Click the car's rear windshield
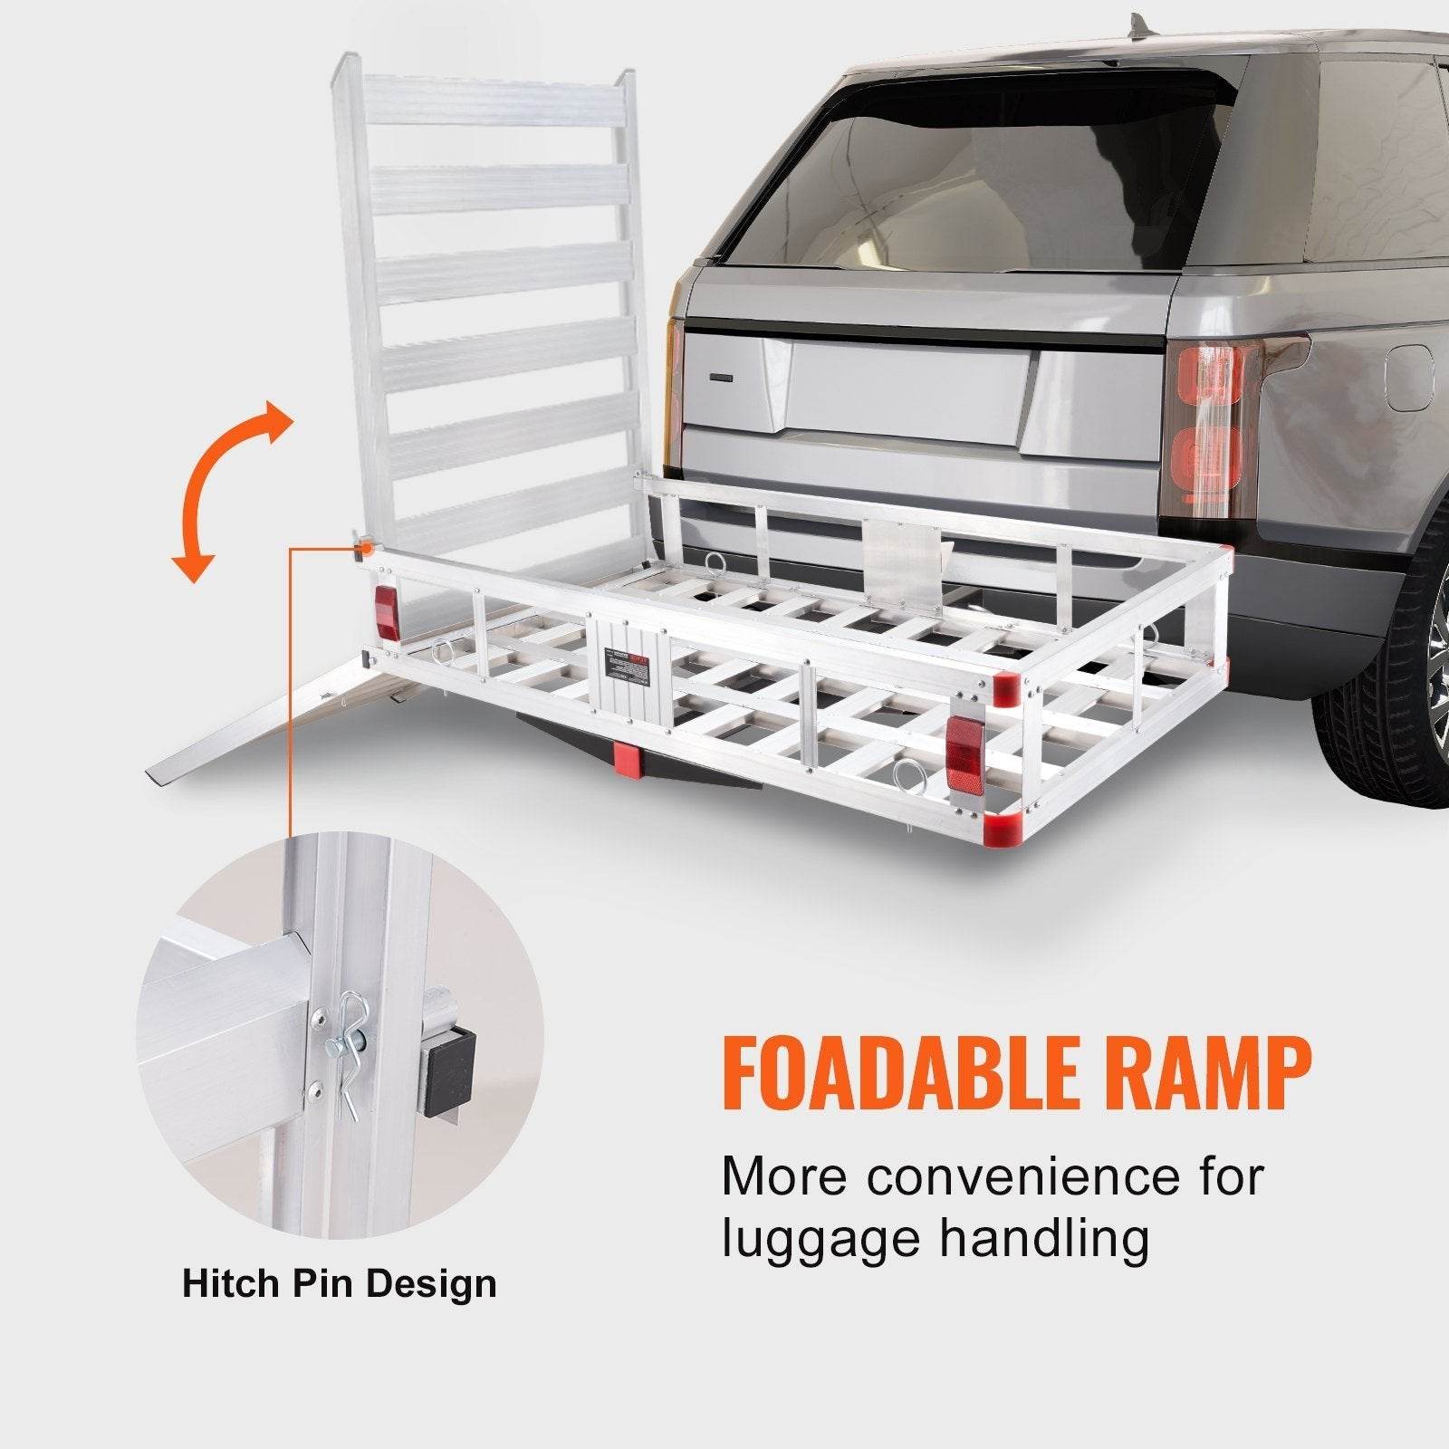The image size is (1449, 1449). click(969, 172)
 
